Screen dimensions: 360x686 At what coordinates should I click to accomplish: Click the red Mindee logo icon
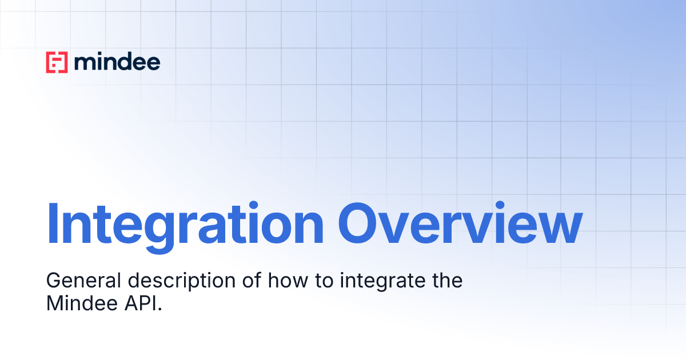coord(57,62)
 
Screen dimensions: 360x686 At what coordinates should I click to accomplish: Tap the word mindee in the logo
coord(117,62)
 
